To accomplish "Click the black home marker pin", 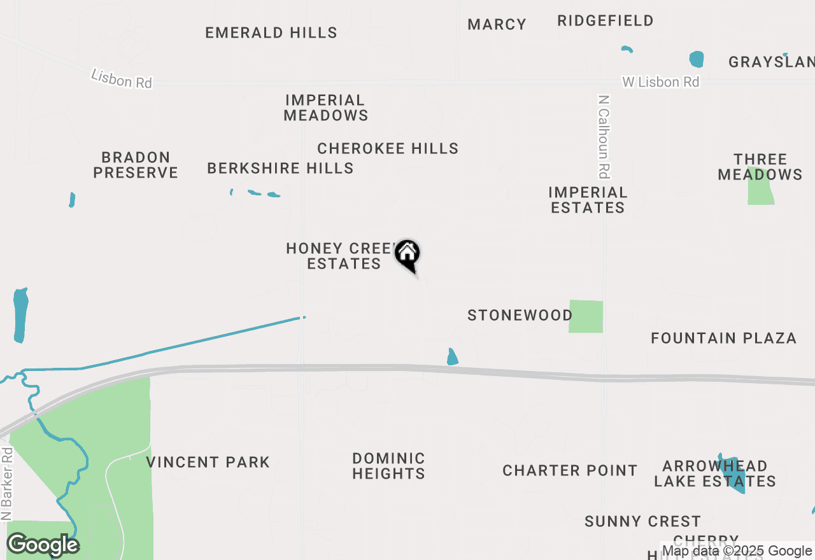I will point(407,254).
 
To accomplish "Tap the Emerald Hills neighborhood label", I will point(271,32).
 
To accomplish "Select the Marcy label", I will point(497,24).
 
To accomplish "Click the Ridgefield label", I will point(605,20).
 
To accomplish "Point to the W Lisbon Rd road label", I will point(660,82).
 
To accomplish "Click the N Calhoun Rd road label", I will point(604,136).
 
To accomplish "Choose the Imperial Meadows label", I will point(325,108).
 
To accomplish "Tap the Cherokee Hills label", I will point(388,148).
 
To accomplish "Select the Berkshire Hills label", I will point(280,168).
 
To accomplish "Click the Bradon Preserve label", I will point(136,165).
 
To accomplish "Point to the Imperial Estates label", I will point(588,200).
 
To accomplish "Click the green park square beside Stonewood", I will point(585,316).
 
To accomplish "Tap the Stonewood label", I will point(520,315).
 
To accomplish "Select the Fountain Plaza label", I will point(723,338).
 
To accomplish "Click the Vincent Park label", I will point(208,462).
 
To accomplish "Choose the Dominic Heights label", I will point(388,466).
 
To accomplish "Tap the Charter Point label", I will point(570,470).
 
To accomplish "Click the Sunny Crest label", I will point(642,521).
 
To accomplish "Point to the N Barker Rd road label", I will point(7,484).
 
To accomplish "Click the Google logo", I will point(43,545).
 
